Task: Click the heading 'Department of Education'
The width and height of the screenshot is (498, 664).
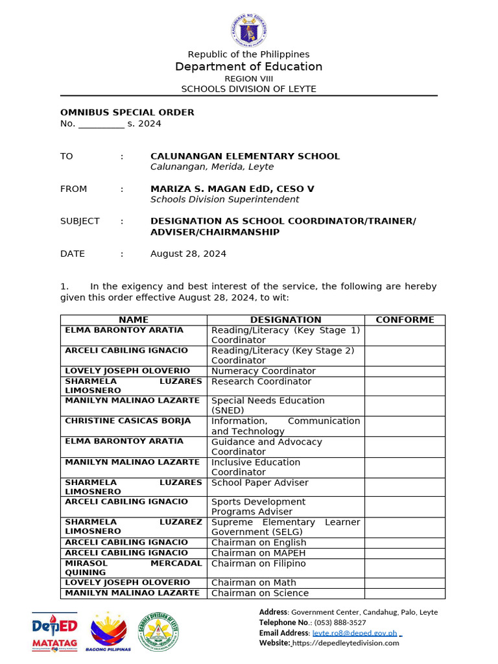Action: [248, 67]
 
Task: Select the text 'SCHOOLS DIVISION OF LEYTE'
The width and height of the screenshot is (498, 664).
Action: [248, 89]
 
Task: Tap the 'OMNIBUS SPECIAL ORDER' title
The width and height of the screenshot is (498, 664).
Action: [127, 112]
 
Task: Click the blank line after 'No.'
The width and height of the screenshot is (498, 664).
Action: [101, 124]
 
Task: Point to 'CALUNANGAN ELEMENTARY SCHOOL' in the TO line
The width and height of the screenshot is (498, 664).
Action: [244, 156]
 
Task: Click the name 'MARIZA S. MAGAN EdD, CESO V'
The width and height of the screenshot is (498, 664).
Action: [232, 189]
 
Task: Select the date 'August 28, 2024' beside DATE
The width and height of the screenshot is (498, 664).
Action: [188, 254]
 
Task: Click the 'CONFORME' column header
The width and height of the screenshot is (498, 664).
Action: [405, 320]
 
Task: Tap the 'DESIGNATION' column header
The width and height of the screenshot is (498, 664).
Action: [285, 320]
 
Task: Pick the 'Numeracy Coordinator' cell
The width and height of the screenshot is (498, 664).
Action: [263, 371]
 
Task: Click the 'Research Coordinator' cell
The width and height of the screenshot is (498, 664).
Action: [261, 381]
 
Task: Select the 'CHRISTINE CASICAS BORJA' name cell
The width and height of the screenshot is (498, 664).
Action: [128, 421]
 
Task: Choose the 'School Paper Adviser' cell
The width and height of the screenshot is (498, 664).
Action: [259, 482]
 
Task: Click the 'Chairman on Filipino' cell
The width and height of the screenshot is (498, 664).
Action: [258, 563]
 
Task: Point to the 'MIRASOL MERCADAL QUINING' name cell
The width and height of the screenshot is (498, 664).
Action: [133, 568]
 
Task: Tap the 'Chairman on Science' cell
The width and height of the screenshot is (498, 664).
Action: [259, 593]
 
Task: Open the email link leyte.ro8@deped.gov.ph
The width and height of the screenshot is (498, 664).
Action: [355, 632]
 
